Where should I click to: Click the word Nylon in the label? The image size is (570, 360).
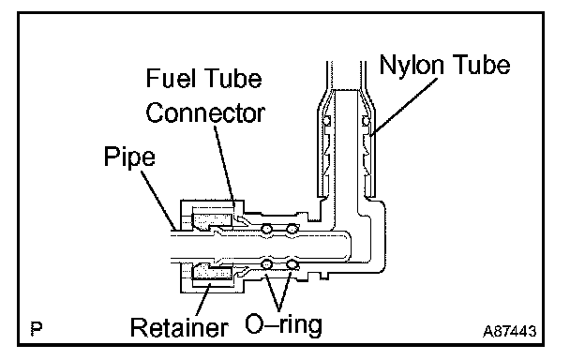pyautogui.click(x=412, y=66)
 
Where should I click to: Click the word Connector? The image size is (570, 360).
pyautogui.click(x=205, y=112)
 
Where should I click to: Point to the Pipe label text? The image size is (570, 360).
pyautogui.click(x=129, y=157)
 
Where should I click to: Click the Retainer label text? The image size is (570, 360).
pyautogui.click(x=179, y=327)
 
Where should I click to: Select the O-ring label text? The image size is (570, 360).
pyautogui.click(x=283, y=324)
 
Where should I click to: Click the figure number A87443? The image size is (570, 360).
pyautogui.click(x=509, y=331)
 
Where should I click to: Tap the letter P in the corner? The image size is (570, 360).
pyautogui.click(x=37, y=328)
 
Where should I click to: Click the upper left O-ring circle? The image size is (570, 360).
pyautogui.click(x=267, y=229)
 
